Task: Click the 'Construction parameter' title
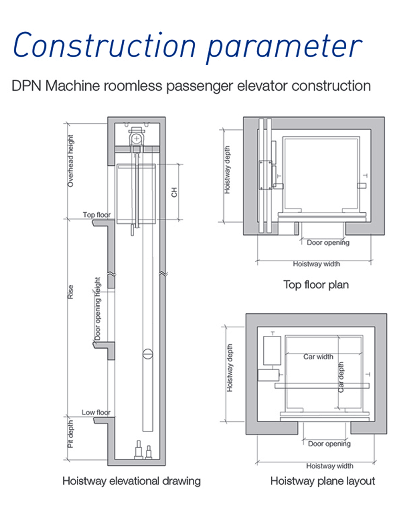point(188,46)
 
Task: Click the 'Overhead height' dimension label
point(70,161)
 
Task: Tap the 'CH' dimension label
point(174,192)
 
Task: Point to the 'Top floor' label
point(97,215)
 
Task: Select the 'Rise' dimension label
point(71,292)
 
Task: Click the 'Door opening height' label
point(98,309)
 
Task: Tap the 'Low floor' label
point(96,413)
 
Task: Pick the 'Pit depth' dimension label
point(71,434)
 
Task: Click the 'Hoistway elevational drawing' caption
point(131,481)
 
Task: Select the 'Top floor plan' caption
point(316,285)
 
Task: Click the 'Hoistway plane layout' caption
point(323,481)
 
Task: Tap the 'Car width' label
point(318,357)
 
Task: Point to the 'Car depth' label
point(341,377)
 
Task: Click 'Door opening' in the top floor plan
point(328,243)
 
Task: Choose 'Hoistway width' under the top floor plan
point(316,264)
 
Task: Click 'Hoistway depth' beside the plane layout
point(230,368)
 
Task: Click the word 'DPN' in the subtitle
point(26,86)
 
